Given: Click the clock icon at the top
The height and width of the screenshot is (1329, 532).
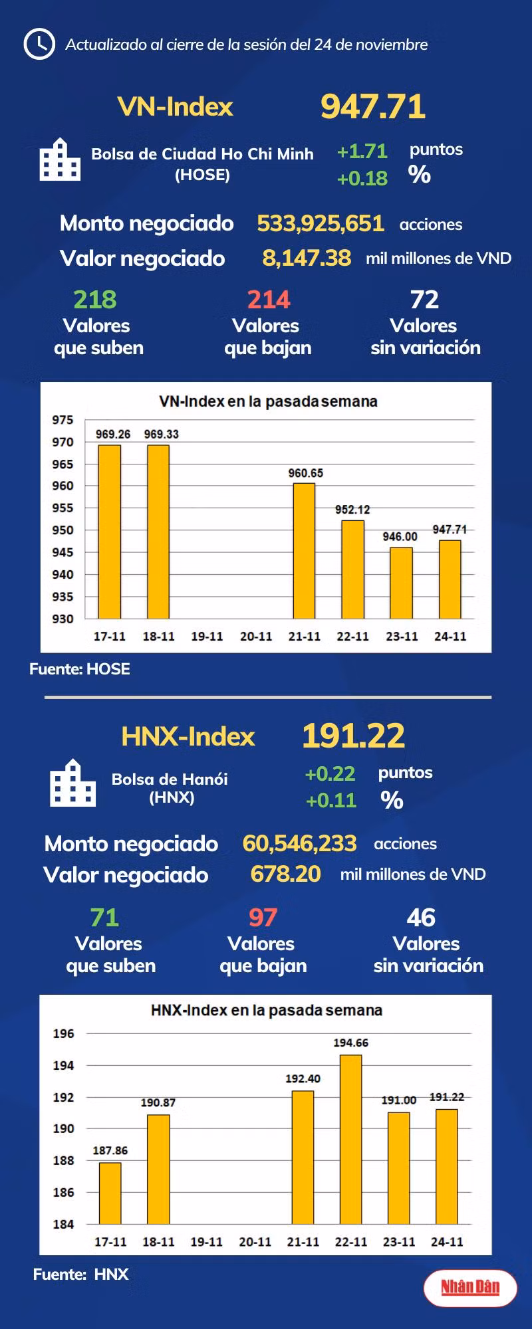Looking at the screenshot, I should tap(39, 44).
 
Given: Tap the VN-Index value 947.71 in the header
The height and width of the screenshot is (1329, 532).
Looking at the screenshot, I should tap(372, 106).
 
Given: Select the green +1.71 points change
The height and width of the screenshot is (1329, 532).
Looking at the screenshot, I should tap(362, 152).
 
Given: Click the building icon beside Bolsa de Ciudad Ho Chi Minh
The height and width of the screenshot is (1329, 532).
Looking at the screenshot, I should tap(60, 160).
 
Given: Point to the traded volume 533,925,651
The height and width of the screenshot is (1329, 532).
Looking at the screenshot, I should tap(321, 223).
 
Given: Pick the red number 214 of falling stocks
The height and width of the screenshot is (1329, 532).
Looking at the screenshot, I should tap(269, 300).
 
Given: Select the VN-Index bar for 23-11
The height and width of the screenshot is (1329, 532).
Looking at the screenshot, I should tap(401, 583).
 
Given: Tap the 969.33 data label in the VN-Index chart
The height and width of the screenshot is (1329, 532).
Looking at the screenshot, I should tap(161, 435).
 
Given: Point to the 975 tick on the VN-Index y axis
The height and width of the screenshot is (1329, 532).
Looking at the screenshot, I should tap(63, 420).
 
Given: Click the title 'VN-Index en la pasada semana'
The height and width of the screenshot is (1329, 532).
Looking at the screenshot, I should tap(268, 401).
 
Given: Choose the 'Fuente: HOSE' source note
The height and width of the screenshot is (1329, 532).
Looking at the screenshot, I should tap(80, 669).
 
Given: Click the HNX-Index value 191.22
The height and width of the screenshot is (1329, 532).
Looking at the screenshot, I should tap(353, 736).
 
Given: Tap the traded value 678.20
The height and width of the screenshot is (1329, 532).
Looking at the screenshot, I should tap(285, 874).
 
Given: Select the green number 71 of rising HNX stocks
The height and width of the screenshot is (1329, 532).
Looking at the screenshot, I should tap(104, 918).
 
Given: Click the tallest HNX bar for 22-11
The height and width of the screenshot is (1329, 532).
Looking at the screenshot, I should tap(350, 1139).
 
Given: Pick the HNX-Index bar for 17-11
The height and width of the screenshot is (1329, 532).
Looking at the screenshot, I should tap(110, 1193).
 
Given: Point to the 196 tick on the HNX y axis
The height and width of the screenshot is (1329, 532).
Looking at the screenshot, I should tap(64, 1034).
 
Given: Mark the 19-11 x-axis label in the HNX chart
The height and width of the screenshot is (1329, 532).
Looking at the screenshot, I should tap(206, 1241).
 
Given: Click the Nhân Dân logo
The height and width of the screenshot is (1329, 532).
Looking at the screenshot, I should tap(470, 1287).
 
